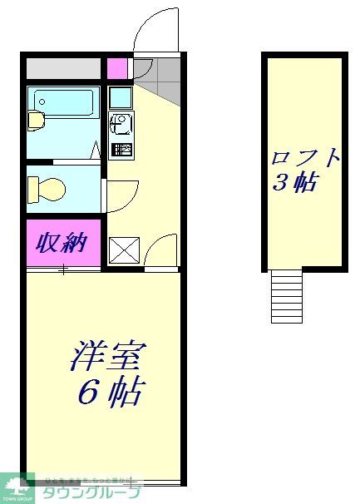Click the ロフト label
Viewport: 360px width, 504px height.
pos(305,158)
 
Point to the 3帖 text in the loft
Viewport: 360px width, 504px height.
pos(294,184)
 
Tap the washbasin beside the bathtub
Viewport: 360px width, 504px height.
pos(37,121)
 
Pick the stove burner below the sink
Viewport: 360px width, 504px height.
pos(121,151)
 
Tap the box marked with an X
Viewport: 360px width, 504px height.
pos(123,250)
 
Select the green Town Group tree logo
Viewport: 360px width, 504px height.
pos(17,487)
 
